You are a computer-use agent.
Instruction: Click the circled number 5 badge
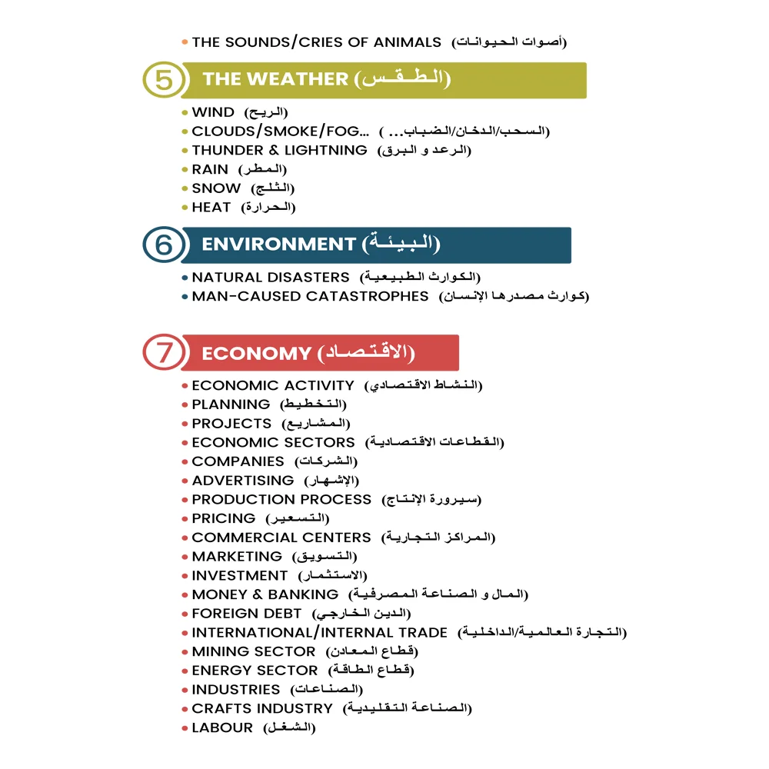(x=164, y=80)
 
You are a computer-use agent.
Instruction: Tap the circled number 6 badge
(x=164, y=245)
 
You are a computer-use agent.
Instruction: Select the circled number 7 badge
(x=164, y=353)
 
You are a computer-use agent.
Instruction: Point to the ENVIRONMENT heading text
(x=278, y=245)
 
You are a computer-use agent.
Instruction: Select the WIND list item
(x=213, y=112)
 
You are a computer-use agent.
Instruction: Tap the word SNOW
(x=216, y=188)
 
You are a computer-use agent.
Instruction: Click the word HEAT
(x=211, y=208)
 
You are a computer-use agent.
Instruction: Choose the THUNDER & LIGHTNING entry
(x=279, y=151)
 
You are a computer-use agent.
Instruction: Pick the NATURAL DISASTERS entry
(x=271, y=277)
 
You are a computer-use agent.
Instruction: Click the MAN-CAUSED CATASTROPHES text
(x=310, y=296)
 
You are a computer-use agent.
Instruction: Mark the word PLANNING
(x=231, y=404)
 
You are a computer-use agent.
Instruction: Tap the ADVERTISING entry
(x=243, y=481)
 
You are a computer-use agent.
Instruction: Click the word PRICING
(x=224, y=518)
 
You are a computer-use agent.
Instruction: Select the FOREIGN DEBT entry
(x=247, y=614)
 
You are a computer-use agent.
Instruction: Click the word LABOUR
(x=222, y=727)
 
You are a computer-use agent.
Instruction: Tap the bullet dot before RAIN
(x=185, y=170)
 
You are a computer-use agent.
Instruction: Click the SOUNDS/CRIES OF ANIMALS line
(x=316, y=42)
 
